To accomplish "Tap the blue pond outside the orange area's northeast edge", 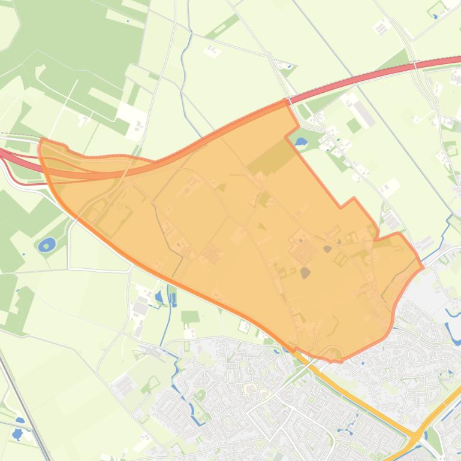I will [x=300, y=142].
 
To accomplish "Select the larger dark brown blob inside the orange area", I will [x=305, y=273].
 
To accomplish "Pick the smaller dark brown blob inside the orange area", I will [x=327, y=248].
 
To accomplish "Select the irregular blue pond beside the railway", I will [x=17, y=432].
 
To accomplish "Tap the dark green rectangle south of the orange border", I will [x=190, y=317].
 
